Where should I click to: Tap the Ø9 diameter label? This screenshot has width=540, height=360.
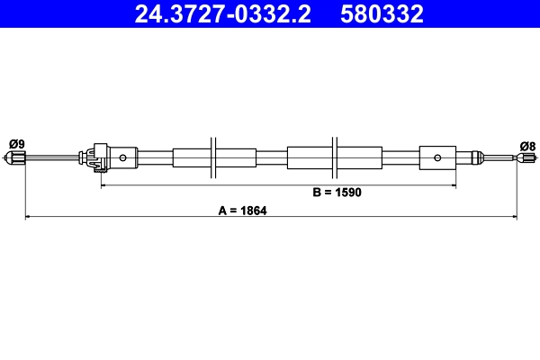coord(16,143)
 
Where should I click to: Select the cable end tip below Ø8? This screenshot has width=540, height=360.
coord(519,158)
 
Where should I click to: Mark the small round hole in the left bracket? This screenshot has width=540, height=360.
coord(123,158)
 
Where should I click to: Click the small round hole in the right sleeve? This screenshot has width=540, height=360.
coord(436,158)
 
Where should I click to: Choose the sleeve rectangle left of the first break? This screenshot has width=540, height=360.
coord(190,158)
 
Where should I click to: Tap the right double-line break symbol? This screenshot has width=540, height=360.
coord(335,158)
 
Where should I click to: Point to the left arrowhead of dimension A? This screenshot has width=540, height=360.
coord(28,216)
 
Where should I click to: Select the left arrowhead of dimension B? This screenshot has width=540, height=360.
coord(103,185)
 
